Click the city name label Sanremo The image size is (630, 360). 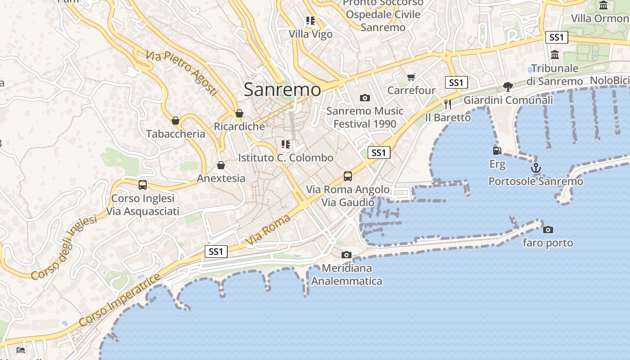pyautogui.click(x=282, y=90)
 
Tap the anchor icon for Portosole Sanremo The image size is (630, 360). pyautogui.click(x=535, y=168)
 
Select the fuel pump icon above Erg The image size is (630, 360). pyautogui.click(x=497, y=151)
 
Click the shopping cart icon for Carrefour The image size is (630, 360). pyautogui.click(x=411, y=77)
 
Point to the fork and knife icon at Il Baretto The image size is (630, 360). pyautogui.click(x=447, y=104)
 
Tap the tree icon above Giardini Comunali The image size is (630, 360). pyautogui.click(x=508, y=87)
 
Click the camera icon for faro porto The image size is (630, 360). pyautogui.click(x=548, y=230)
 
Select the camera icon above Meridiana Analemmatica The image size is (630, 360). pyautogui.click(x=346, y=255)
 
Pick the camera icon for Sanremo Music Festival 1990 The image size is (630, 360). pyautogui.click(x=364, y=98)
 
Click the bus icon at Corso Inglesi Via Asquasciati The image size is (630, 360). pyautogui.click(x=143, y=185)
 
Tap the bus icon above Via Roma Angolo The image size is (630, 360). pyautogui.click(x=347, y=176)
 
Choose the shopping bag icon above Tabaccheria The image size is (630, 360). pyautogui.click(x=175, y=121)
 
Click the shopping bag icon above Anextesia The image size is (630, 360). pyautogui.click(x=221, y=165)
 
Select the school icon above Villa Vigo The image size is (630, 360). pyautogui.click(x=310, y=21)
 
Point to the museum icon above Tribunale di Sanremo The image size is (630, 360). pyautogui.click(x=554, y=55)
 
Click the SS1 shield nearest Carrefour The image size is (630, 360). pyautogui.click(x=456, y=82)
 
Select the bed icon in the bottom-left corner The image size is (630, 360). pyautogui.click(x=21, y=350)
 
